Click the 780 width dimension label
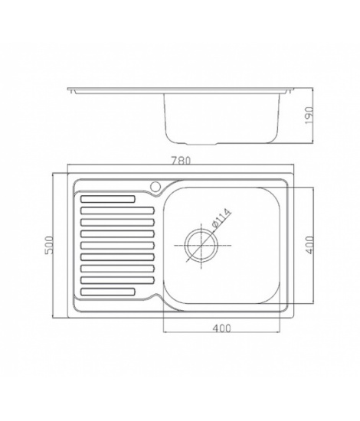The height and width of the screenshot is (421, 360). [x=181, y=161]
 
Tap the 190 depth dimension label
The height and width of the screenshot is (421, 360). [x=309, y=115]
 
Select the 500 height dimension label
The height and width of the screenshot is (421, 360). [x=50, y=245]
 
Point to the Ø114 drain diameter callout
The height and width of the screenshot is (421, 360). [x=221, y=217]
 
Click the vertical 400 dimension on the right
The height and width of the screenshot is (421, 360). [x=309, y=245]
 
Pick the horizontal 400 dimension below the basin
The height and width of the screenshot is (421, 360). [x=221, y=328]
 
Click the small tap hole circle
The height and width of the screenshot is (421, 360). [x=155, y=186]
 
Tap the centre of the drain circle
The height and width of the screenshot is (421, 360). [x=201, y=246]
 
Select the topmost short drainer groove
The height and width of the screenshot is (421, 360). [x=108, y=199]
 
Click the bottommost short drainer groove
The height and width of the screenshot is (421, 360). [x=108, y=292]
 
